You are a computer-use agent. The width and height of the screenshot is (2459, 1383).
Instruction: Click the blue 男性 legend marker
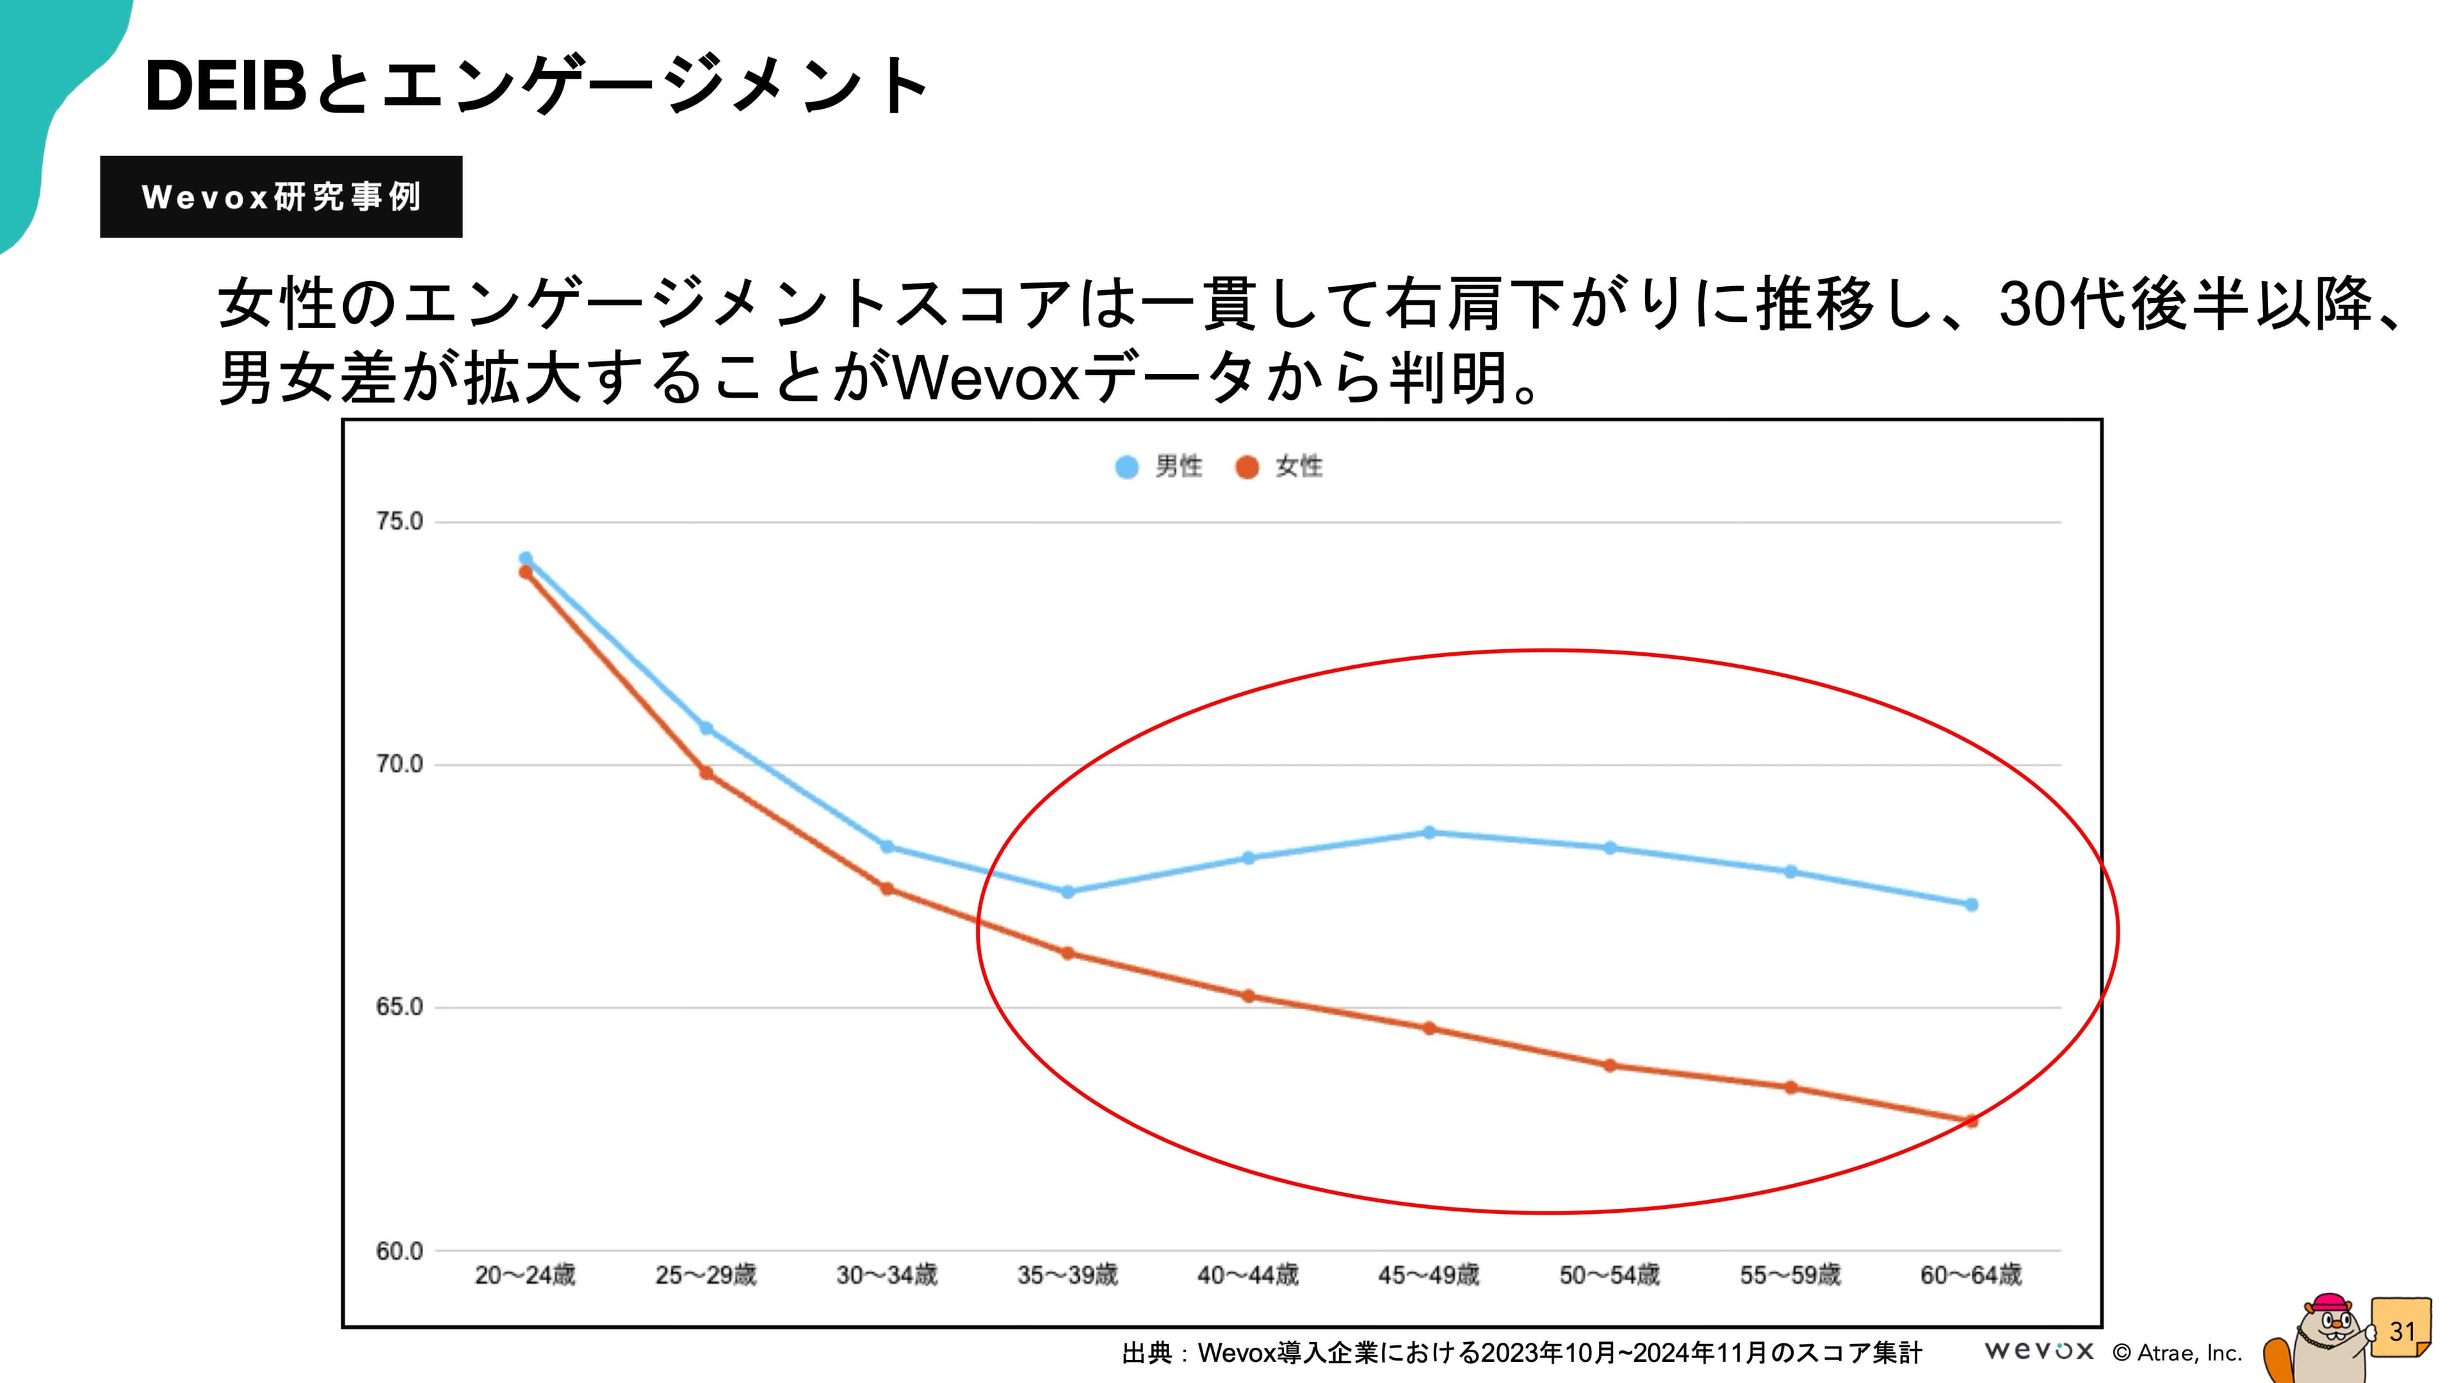coord(1126,467)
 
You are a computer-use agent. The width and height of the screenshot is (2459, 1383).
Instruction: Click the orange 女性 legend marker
coord(1247,467)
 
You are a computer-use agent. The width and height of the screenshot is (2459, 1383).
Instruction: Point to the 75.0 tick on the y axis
coord(399,521)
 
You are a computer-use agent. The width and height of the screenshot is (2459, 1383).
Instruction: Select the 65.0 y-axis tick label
coord(399,1007)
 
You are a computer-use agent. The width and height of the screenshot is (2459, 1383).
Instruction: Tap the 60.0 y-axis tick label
coord(399,1250)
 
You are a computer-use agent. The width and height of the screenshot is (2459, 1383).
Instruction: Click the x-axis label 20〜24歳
coord(525,1275)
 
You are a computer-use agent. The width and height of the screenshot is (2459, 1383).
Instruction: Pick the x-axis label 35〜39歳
coord(1067,1275)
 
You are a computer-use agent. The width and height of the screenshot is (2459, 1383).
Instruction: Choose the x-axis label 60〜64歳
coord(1971,1275)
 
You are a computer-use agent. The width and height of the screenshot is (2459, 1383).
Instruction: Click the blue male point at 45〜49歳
coord(1429,832)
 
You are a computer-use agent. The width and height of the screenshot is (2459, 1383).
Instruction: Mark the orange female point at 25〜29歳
coord(706,772)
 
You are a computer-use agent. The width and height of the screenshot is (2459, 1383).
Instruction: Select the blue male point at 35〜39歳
coord(1067,891)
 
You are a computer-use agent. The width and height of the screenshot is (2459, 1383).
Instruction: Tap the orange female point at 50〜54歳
coord(1609,1065)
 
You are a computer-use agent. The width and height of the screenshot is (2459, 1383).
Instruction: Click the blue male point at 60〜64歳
coord(1971,904)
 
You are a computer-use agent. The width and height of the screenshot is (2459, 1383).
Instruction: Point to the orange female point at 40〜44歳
coord(1247,996)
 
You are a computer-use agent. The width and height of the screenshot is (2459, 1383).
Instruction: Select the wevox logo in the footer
coord(2039,1350)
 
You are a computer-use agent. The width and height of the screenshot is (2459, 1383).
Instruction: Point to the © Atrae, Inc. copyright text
coord(2177,1352)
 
